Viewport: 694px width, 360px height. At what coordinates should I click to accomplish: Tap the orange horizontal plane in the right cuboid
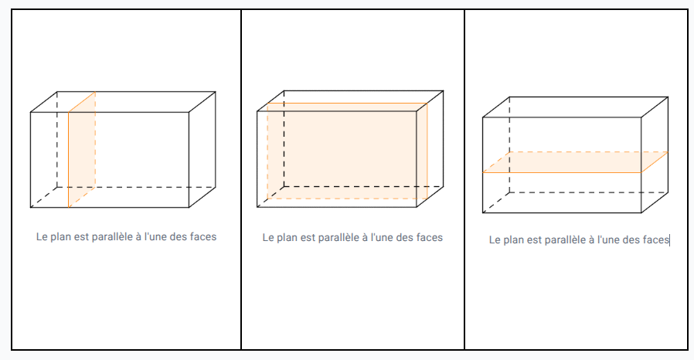click(575, 162)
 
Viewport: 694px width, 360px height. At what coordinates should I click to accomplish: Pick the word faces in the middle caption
click(427, 238)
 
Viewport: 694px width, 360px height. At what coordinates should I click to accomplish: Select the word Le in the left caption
click(42, 236)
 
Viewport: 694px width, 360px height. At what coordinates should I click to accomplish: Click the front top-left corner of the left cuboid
click(31, 113)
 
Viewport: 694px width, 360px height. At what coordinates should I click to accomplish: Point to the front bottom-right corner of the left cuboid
click(189, 207)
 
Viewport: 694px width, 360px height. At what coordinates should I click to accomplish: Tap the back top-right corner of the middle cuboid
click(443, 90)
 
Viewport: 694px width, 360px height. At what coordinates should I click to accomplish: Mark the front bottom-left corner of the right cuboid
click(483, 212)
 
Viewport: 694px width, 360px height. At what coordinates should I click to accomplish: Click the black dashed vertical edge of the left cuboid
click(57, 139)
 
